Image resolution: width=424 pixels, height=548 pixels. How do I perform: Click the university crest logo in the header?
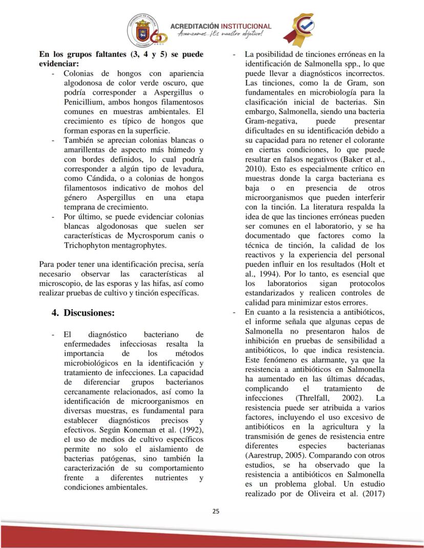pyautogui.click(x=143, y=30)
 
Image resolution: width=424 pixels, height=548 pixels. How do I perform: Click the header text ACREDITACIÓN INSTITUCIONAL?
pyautogui.click(x=220, y=26)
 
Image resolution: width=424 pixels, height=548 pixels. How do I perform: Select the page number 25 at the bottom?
pyautogui.click(x=216, y=511)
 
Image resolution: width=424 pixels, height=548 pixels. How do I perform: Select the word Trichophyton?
pyautogui.click(x=87, y=245)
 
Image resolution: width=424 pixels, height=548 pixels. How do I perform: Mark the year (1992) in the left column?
pyautogui.click(x=190, y=429)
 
